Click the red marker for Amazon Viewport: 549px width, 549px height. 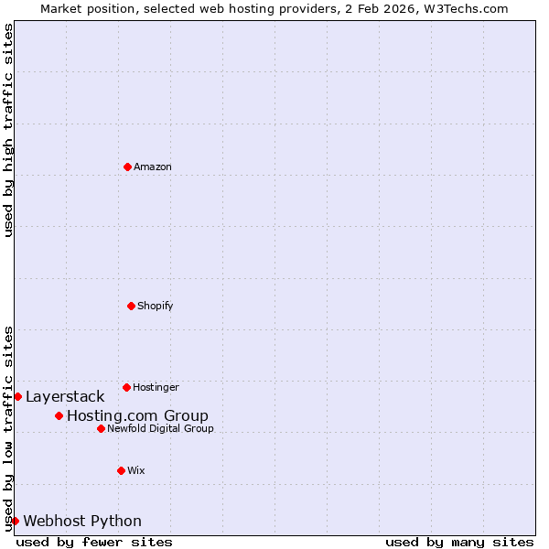127,167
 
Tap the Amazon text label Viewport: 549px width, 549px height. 153,167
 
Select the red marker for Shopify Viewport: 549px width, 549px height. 131,306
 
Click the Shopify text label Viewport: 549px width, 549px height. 156,306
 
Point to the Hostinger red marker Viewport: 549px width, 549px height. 126,387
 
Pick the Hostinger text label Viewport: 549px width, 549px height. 156,388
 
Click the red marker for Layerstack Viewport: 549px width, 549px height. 17,396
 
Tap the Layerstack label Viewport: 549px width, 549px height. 65,396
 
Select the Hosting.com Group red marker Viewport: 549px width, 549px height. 59,415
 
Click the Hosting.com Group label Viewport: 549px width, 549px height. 137,416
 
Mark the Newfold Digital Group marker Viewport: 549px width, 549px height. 101,428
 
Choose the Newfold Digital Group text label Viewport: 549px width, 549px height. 160,428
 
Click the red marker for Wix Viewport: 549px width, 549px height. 121,470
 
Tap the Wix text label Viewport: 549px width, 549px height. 136,470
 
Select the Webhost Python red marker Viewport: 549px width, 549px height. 15,521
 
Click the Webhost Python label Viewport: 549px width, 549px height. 82,522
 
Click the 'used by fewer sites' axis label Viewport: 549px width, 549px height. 94,542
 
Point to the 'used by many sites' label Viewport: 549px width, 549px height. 459,542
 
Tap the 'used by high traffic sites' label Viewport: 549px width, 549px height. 8,130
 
